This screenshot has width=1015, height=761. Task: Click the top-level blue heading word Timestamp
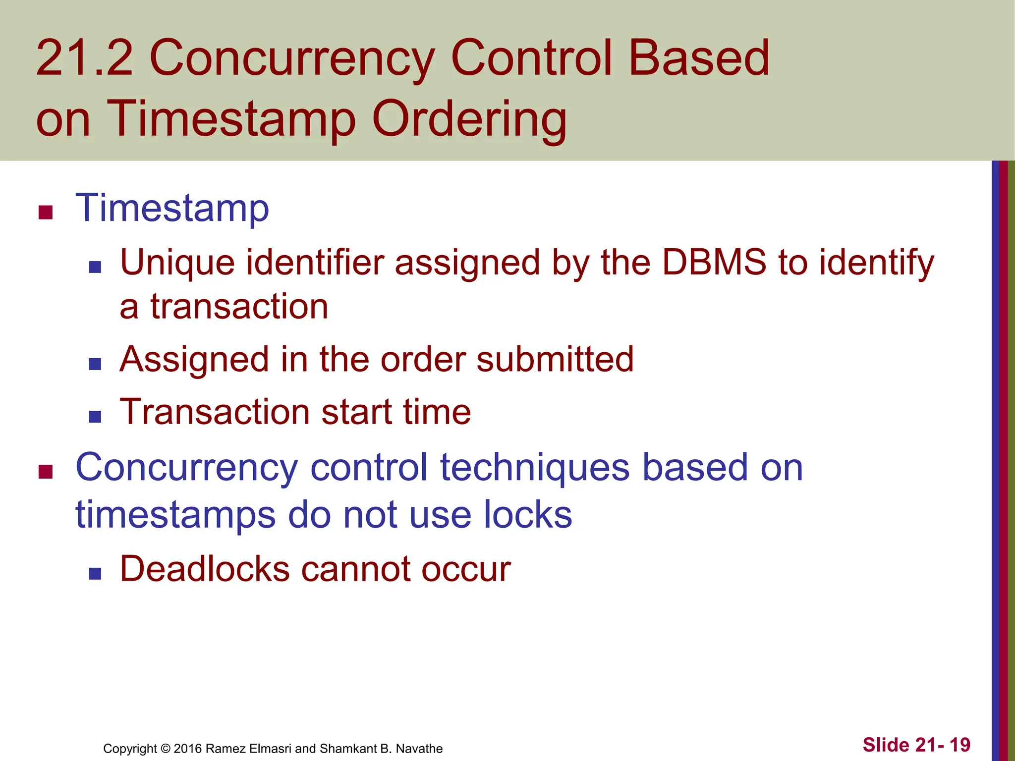pyautogui.click(x=172, y=208)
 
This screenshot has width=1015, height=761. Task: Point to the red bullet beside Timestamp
pyautogui.click(x=45, y=213)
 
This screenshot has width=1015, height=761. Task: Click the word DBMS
pyautogui.click(x=714, y=263)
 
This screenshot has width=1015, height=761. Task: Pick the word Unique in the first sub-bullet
pyautogui.click(x=177, y=263)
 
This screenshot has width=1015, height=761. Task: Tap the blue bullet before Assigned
pyautogui.click(x=95, y=365)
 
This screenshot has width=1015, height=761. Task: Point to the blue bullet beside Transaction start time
pyautogui.click(x=95, y=417)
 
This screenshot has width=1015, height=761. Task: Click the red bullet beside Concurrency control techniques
pyautogui.click(x=45, y=472)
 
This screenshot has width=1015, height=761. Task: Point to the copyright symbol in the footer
pyautogui.click(x=166, y=749)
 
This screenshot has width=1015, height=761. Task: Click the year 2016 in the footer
pyautogui.click(x=188, y=749)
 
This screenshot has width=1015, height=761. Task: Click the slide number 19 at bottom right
pyautogui.click(x=960, y=745)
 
